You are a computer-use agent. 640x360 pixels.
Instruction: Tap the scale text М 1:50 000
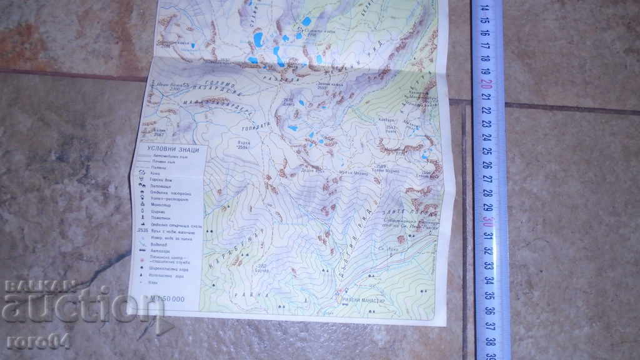tap(165, 299)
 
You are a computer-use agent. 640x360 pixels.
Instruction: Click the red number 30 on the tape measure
tap(486, 221)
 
